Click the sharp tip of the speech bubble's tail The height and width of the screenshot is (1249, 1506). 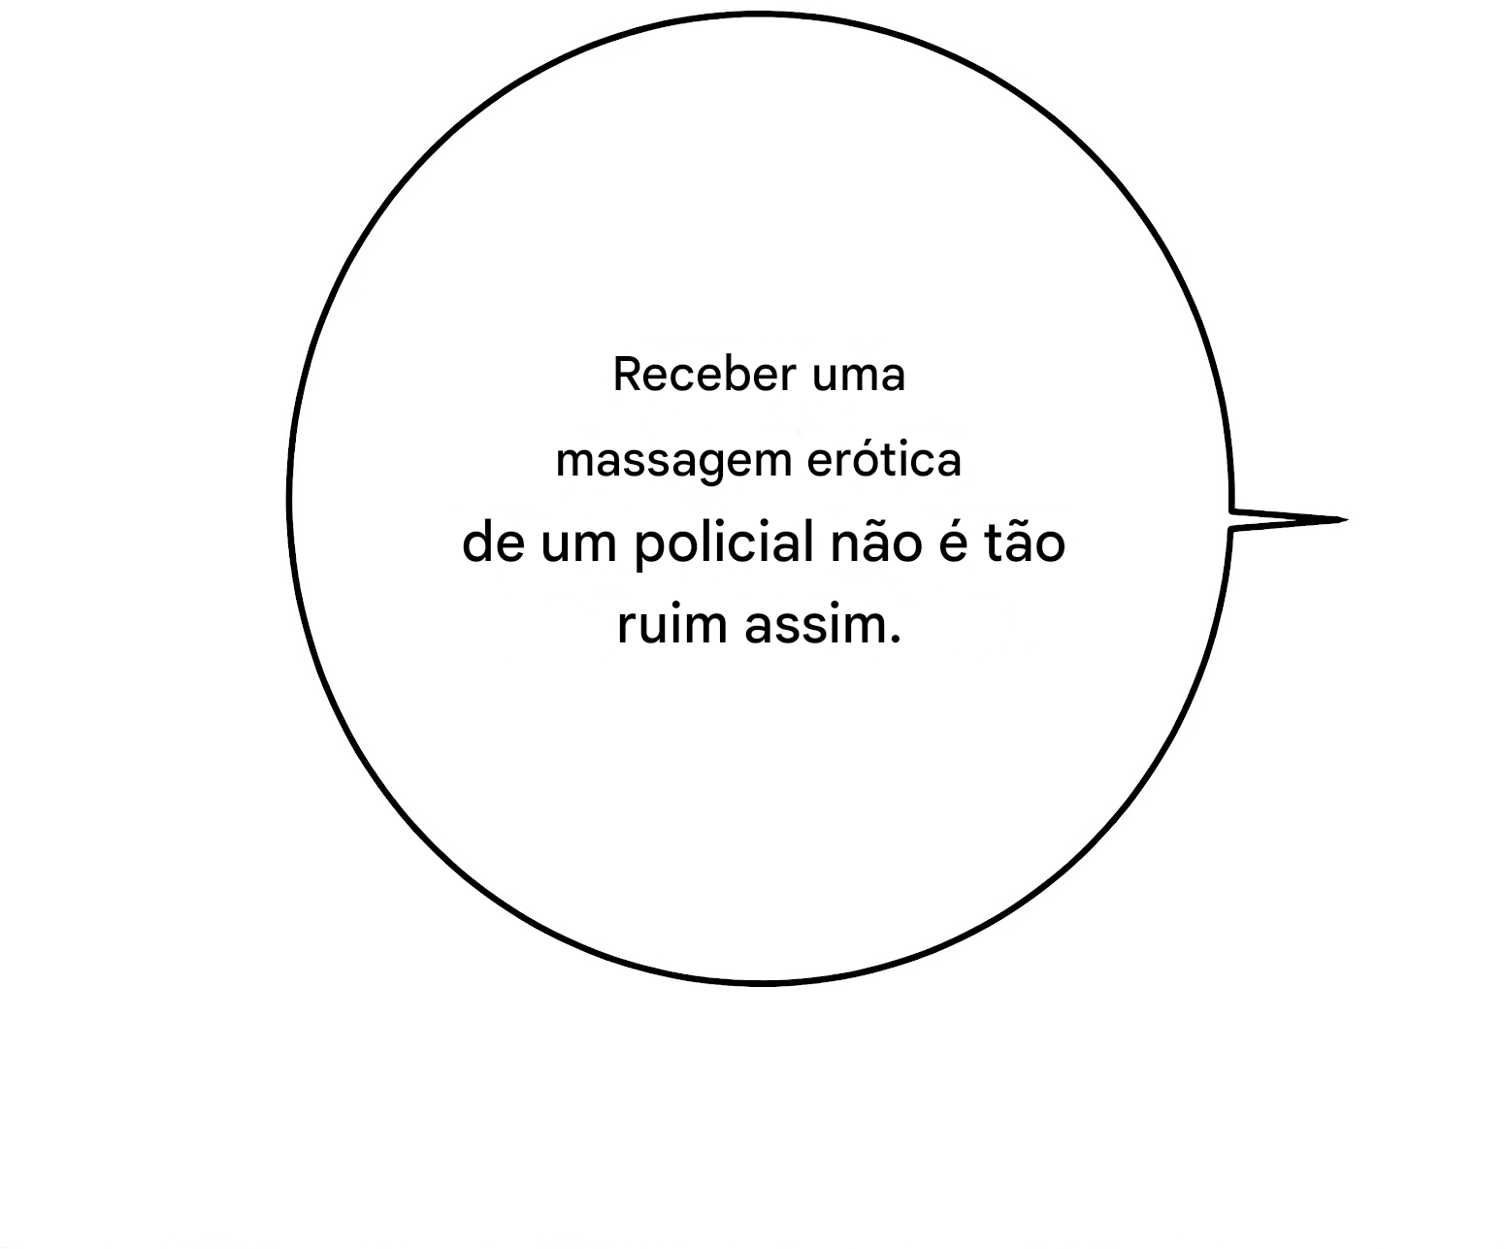click(x=1347, y=519)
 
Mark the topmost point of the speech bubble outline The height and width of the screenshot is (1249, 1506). click(x=760, y=13)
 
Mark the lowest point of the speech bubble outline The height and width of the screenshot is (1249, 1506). click(x=761, y=983)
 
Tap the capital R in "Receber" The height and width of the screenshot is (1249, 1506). click(x=628, y=374)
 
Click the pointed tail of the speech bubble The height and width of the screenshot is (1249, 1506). click(x=1289, y=519)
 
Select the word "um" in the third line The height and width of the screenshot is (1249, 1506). click(x=579, y=545)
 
